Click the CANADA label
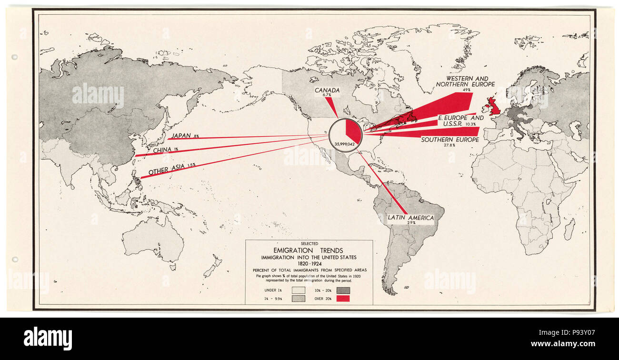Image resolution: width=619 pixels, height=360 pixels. tap(327, 90)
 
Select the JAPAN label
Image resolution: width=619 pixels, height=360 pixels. tap(181, 136)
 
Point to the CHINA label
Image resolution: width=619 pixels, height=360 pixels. tap(163, 150)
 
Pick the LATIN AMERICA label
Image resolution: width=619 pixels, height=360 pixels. tap(410, 218)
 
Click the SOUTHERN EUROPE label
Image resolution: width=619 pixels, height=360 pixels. tap(449, 140)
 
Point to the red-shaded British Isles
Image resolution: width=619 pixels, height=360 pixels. tap(493, 106)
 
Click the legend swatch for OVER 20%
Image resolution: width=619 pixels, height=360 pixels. tap(343, 299)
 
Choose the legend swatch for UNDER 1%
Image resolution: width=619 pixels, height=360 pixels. tap(299, 290)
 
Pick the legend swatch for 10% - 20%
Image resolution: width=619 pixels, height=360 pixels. tap(343, 290)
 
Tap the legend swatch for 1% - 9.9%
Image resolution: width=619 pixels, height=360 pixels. tap(299, 299)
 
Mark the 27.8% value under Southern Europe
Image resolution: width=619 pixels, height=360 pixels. tap(449, 146)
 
